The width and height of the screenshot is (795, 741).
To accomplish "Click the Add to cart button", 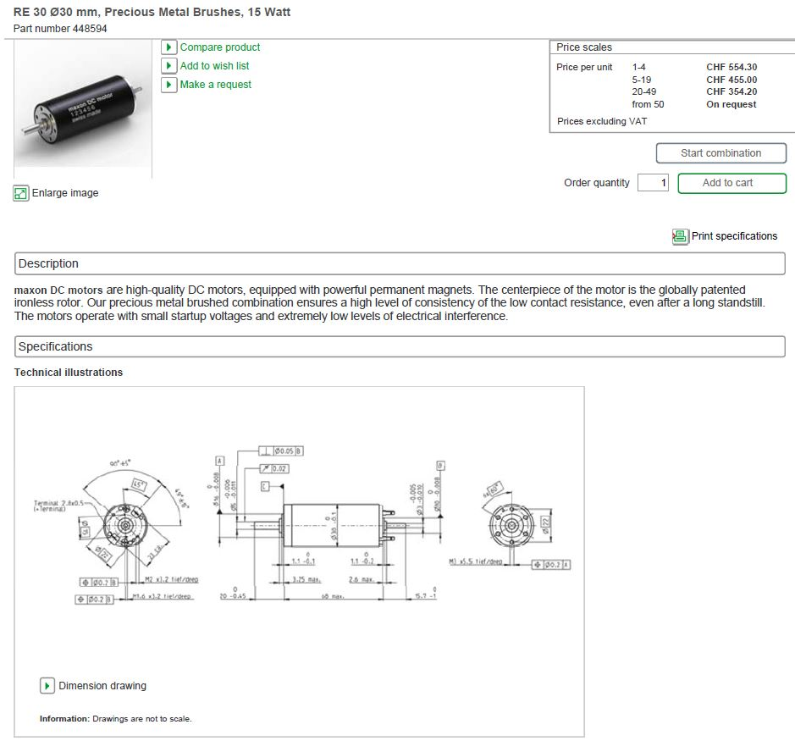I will tap(732, 183).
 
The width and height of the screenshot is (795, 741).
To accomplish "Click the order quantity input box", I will tap(653, 183).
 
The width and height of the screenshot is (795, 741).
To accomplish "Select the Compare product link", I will tap(219, 47).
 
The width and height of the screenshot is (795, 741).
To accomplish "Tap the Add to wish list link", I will tap(214, 66).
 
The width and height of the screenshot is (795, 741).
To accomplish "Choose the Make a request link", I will tap(215, 85).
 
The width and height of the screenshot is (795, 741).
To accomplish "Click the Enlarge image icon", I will tap(21, 193).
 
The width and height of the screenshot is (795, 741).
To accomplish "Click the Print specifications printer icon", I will tap(680, 236).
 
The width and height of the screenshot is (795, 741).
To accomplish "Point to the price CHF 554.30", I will tap(732, 67).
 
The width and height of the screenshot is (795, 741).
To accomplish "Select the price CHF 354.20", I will tap(732, 91).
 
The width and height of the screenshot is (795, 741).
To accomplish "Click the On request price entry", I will tap(731, 104).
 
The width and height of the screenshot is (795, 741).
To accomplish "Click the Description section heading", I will tap(48, 263).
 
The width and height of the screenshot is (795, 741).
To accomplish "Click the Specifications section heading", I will tap(55, 346).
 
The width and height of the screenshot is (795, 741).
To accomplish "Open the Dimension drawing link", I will tap(102, 685).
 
